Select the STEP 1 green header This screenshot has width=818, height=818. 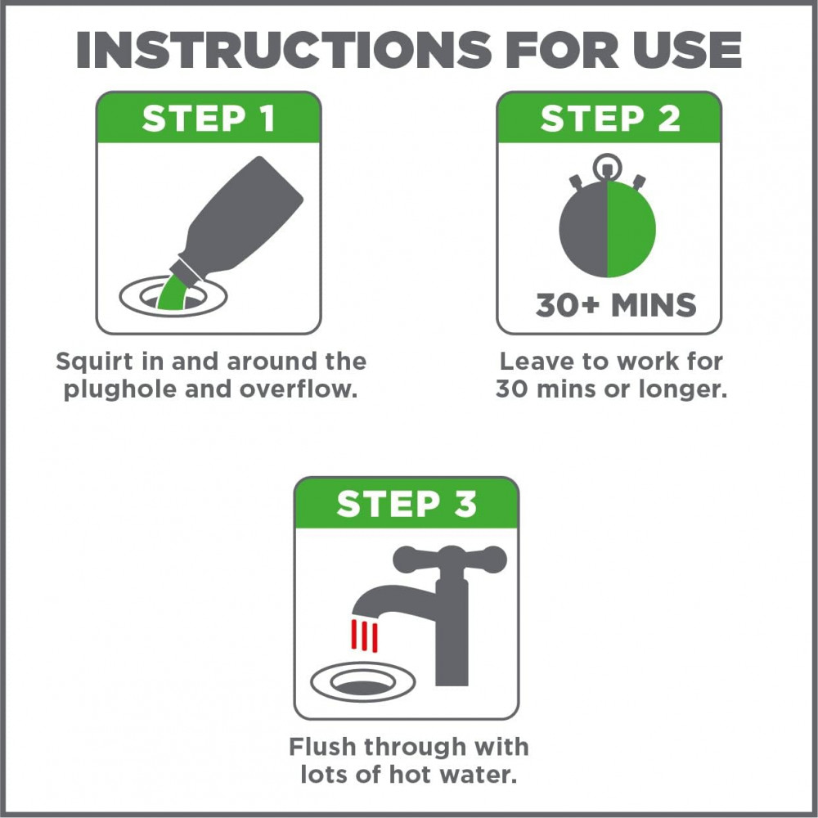(x=209, y=117)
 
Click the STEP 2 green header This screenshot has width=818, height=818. (x=609, y=117)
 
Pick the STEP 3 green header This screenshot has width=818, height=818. (x=407, y=503)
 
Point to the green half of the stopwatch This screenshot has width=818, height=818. (x=631, y=228)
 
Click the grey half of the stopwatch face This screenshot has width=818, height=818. (x=583, y=228)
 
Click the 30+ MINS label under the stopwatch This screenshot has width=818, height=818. (x=616, y=304)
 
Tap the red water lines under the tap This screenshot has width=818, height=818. (x=364, y=636)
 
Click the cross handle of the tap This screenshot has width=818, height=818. (x=450, y=560)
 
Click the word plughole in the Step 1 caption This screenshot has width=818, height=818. (x=121, y=389)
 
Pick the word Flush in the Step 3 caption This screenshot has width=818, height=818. (x=322, y=747)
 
